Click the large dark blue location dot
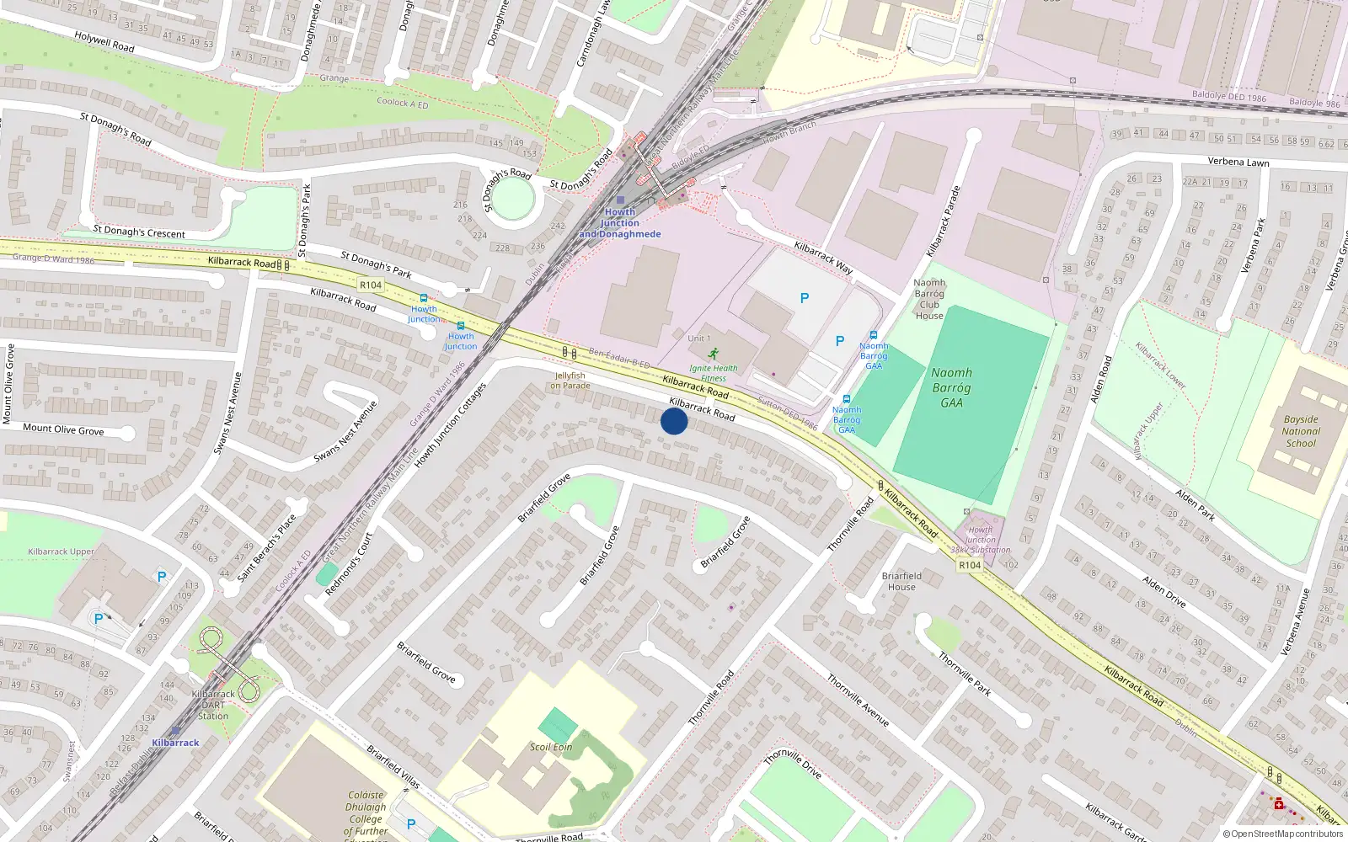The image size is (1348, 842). tap(674, 421)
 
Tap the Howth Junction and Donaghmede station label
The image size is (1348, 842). tap(620, 223)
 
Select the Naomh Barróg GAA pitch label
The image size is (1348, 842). tap(952, 387)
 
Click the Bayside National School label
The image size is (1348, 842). tap(1301, 431)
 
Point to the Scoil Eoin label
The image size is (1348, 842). tap(551, 747)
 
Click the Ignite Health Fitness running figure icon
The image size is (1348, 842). tap(714, 354)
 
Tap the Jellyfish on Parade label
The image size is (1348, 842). tap(570, 381)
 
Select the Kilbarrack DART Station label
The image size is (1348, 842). tap(213, 705)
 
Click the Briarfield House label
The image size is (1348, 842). tap(901, 581)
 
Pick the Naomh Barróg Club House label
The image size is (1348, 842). tap(929, 299)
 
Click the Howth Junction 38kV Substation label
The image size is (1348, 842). tap(980, 540)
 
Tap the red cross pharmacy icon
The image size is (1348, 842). tap(1279, 804)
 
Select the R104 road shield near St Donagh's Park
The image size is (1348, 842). tap(371, 285)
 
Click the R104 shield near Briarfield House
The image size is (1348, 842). tap(970, 565)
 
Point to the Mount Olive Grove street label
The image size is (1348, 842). tap(63, 429)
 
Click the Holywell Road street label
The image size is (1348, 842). tap(104, 41)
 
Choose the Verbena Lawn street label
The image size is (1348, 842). tap(1238, 162)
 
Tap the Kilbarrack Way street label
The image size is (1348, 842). tap(824, 258)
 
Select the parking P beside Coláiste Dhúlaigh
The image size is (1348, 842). tap(411, 824)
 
